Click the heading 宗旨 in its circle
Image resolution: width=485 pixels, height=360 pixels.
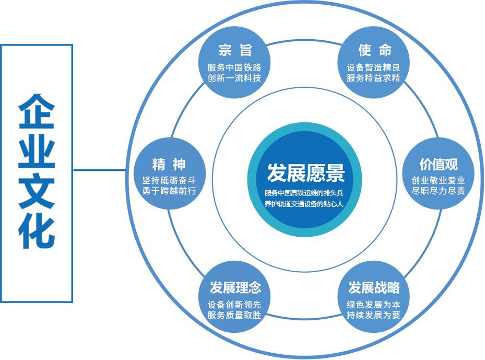point(234,50)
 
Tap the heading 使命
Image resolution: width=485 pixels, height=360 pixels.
point(374,50)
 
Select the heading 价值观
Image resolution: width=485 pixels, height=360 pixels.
point(439,164)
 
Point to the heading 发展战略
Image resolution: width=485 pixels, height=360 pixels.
point(374,287)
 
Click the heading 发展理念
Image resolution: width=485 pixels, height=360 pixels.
point(235,287)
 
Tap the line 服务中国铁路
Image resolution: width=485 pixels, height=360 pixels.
point(234,67)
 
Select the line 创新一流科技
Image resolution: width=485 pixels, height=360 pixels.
point(234,78)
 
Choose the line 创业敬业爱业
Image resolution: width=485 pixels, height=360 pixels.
point(439,180)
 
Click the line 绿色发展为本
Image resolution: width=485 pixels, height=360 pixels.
point(374,305)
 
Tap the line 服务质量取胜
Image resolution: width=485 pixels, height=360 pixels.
point(234,315)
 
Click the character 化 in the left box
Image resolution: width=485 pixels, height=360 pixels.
point(37,231)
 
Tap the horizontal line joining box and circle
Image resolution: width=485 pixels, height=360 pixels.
point(99,170)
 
